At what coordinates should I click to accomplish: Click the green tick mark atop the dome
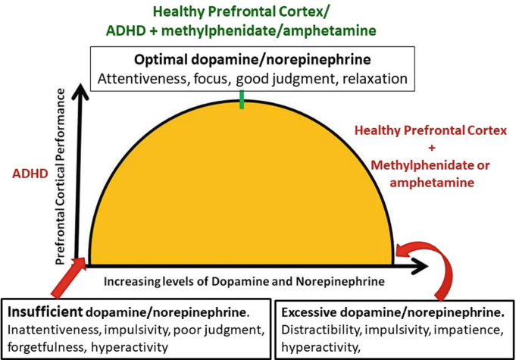click(242, 100)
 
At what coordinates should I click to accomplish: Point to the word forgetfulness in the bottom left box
click(45, 348)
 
